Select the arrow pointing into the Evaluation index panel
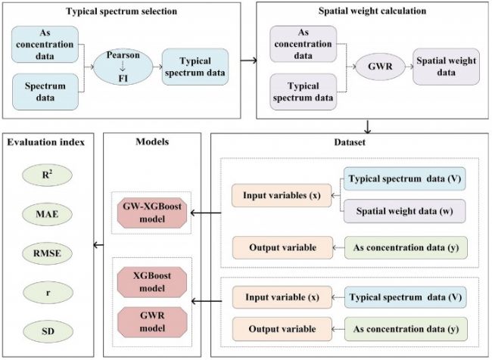[97, 243]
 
